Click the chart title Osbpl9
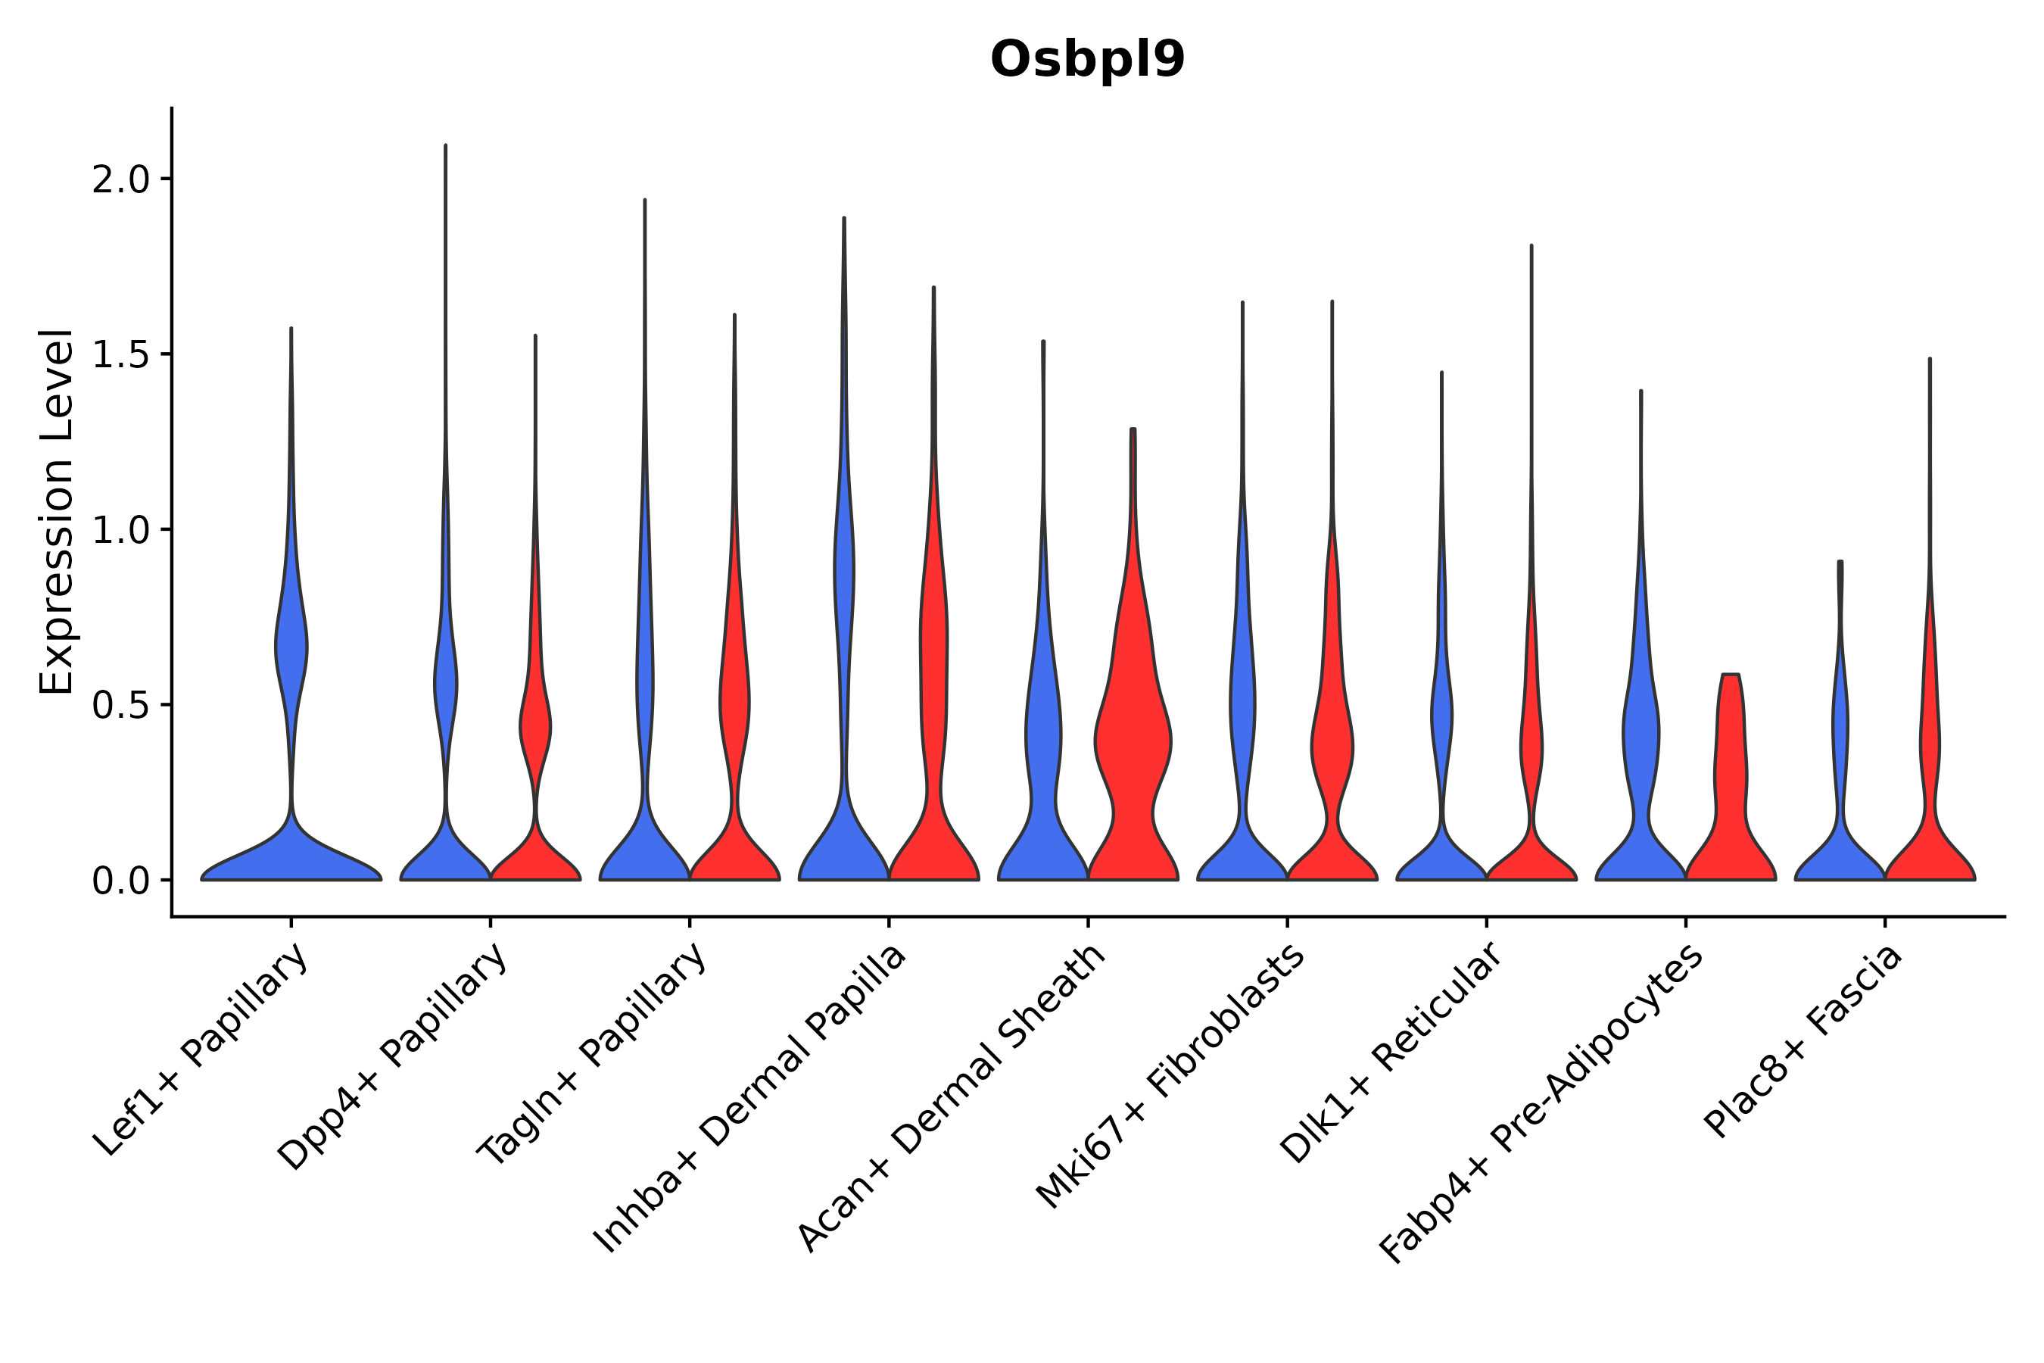click(1087, 60)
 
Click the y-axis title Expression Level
click(57, 512)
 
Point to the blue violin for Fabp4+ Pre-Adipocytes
click(1640, 739)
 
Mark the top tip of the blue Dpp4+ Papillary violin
click(446, 145)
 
